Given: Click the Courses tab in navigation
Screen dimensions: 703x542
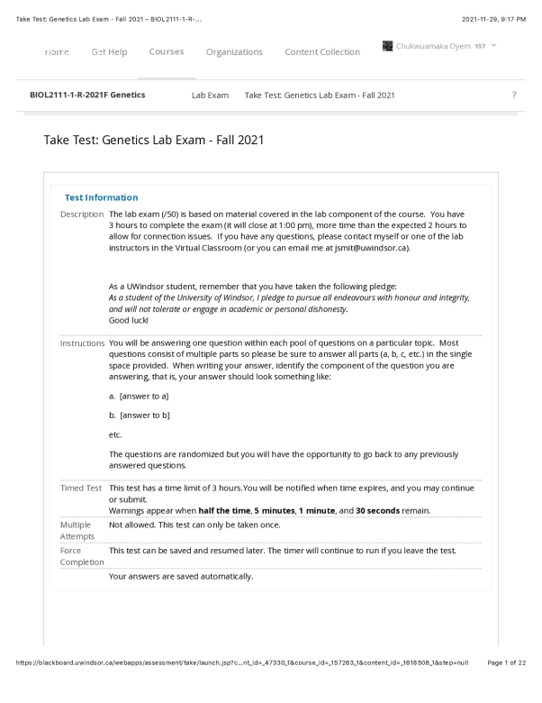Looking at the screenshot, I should coord(167,52).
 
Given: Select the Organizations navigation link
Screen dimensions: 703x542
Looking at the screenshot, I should coord(234,52).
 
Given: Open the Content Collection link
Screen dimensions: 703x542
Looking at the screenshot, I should coord(322,52).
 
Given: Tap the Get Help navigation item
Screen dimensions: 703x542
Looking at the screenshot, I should coord(109,52).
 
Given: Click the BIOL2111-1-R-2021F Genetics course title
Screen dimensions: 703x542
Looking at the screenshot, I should coord(87,95).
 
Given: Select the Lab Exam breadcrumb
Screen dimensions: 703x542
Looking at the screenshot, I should coord(210,95).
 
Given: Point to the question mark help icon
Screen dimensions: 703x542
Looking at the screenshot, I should coord(513,95).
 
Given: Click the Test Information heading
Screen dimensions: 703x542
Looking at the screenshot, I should coord(102,197).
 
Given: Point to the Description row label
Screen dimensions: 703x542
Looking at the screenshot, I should coord(82,215).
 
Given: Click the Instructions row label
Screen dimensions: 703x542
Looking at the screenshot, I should coord(83,343).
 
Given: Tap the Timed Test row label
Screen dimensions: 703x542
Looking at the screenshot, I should coord(81,488).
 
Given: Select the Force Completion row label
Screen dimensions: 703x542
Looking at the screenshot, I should coord(82,556).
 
